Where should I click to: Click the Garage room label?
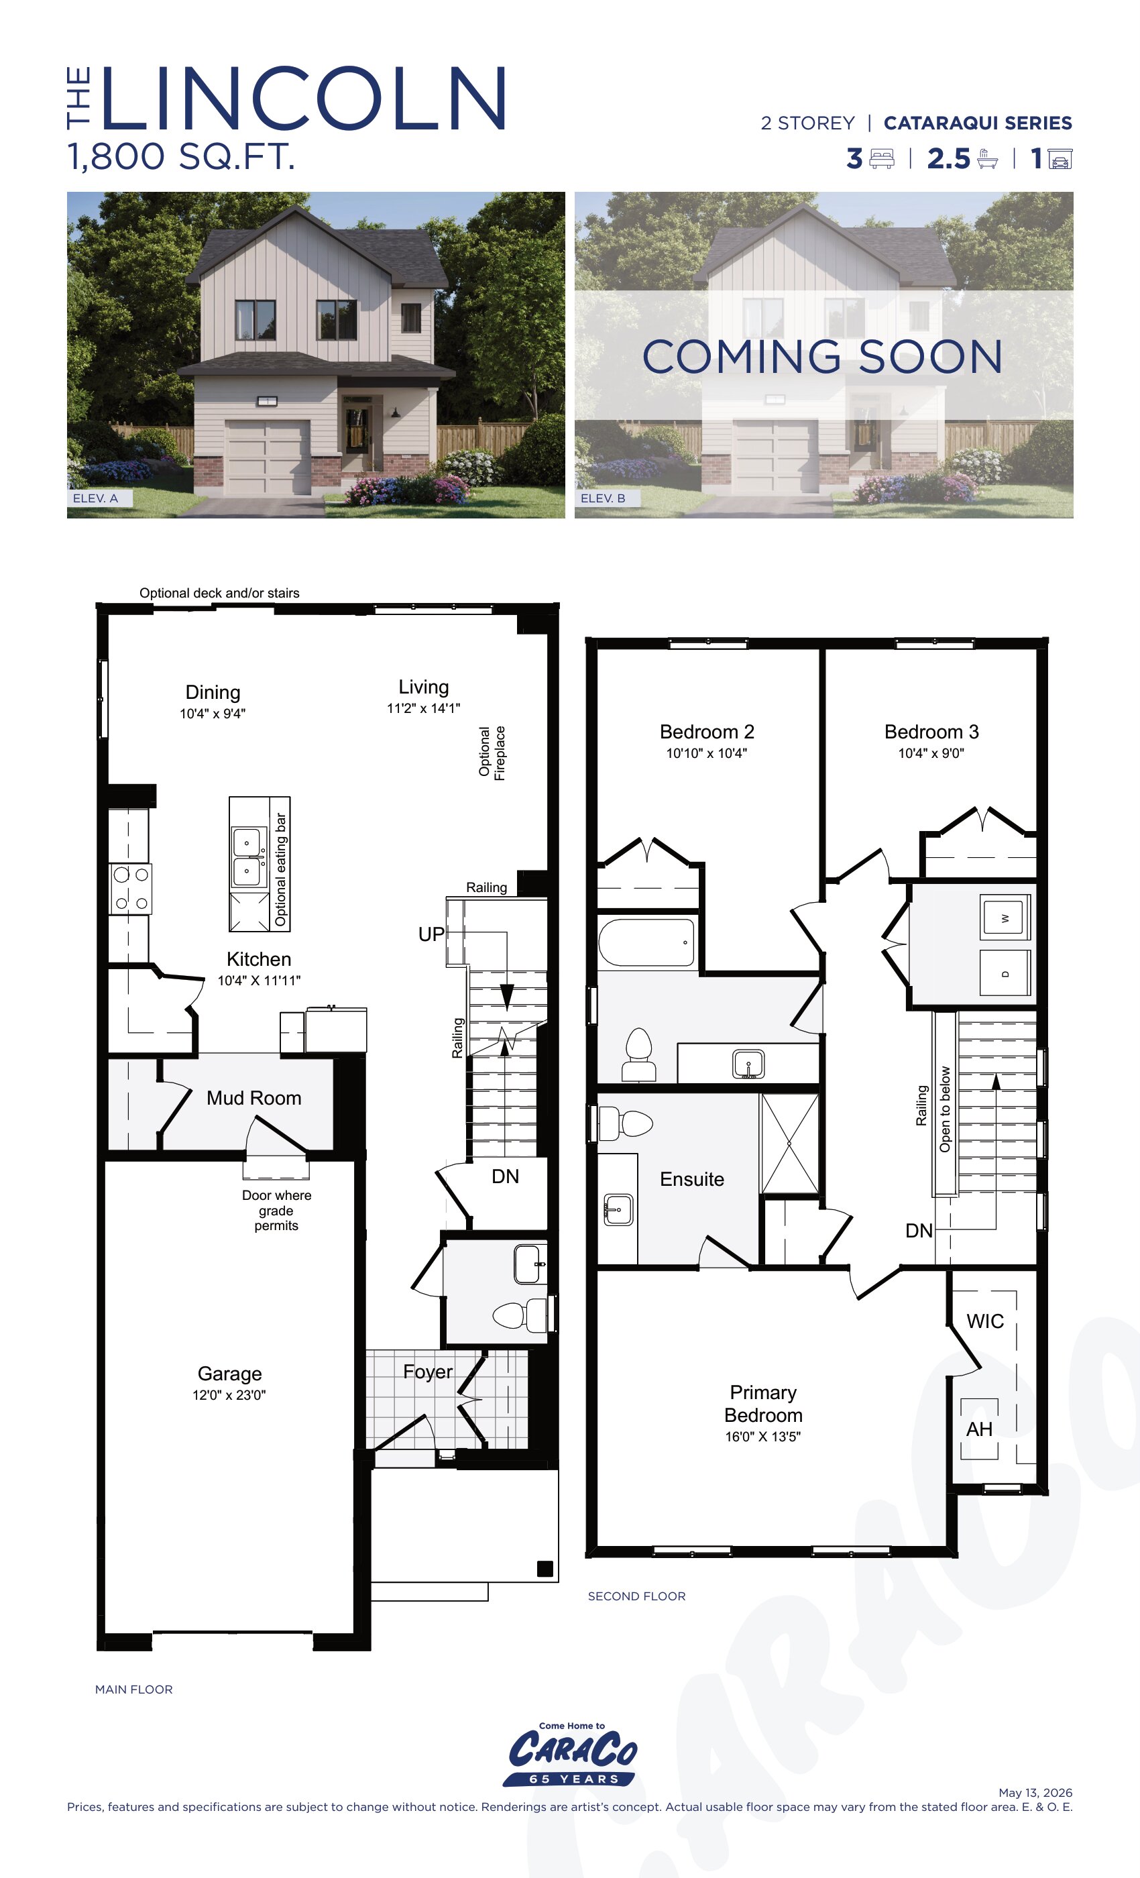pyautogui.click(x=229, y=1374)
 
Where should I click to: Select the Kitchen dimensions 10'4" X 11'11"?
pyautogui.click(x=259, y=980)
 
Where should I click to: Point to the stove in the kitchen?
pyautogui.click(x=131, y=888)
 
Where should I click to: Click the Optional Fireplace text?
pyautogui.click(x=492, y=753)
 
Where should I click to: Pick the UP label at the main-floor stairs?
pyautogui.click(x=431, y=934)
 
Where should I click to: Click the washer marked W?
pyautogui.click(x=1005, y=918)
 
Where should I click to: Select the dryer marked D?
pyautogui.click(x=1005, y=973)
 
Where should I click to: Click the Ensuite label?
pyautogui.click(x=692, y=1179)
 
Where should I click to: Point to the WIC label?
pyautogui.click(x=984, y=1321)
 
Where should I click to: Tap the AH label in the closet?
pyautogui.click(x=979, y=1429)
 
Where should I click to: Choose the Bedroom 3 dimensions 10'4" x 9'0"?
pyautogui.click(x=931, y=753)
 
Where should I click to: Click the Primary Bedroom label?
pyautogui.click(x=763, y=1403)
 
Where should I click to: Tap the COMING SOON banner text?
pyautogui.click(x=822, y=356)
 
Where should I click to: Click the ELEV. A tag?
pyautogui.click(x=95, y=498)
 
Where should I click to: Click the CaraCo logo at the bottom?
pyautogui.click(x=571, y=1754)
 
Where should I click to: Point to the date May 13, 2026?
pyautogui.click(x=1035, y=1793)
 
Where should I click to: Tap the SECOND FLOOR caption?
pyautogui.click(x=636, y=1596)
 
